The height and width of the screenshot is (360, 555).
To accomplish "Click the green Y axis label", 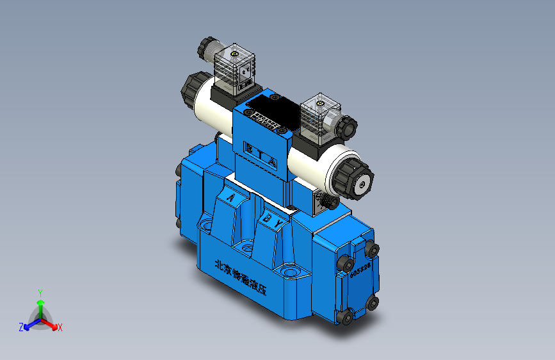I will point(40,292).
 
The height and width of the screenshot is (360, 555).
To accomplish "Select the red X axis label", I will point(60,328).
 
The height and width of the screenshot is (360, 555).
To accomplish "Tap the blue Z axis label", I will point(21,327).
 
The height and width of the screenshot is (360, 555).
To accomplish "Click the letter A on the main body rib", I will point(229,197).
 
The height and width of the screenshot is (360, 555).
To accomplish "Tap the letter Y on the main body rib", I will point(279,223).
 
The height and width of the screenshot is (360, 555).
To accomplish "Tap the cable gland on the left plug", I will point(207,47).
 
